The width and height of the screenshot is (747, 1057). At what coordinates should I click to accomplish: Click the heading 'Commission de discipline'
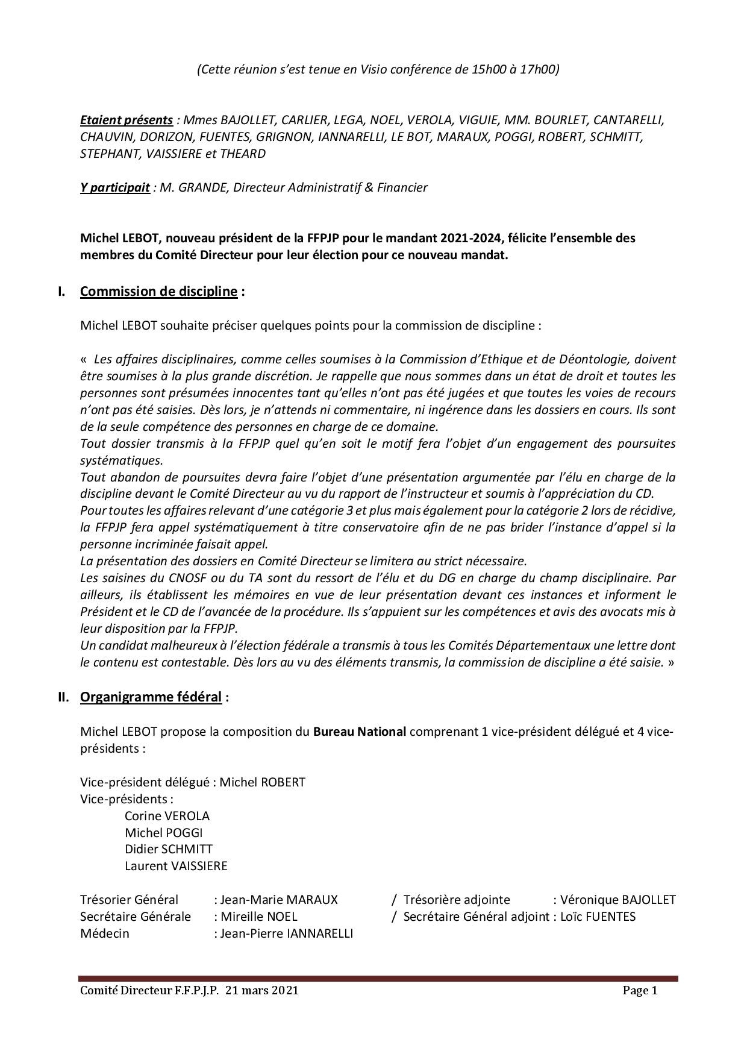(x=158, y=292)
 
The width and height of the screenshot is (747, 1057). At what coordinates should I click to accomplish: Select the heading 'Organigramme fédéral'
(x=151, y=697)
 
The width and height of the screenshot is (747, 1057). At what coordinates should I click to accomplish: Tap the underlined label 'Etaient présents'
(x=127, y=120)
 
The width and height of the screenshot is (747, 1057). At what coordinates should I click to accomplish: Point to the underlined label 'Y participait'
(x=115, y=187)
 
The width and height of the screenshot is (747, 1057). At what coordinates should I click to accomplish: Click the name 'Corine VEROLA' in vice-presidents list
(x=167, y=816)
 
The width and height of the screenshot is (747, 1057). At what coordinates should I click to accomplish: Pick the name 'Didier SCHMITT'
(x=169, y=850)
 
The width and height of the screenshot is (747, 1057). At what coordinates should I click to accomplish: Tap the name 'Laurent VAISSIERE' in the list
(x=176, y=867)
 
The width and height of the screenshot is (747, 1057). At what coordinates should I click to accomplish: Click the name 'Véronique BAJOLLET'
(x=617, y=900)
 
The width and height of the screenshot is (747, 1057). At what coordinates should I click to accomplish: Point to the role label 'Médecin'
(x=104, y=934)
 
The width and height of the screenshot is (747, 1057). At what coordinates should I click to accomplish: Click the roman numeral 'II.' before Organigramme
(x=63, y=697)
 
